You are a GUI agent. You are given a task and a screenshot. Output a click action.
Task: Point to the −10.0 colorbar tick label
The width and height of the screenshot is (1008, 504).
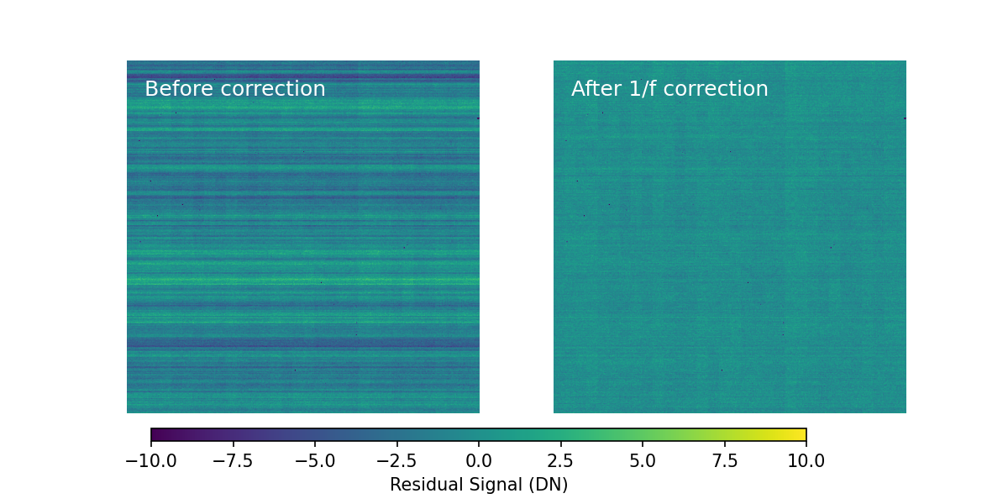tap(151, 461)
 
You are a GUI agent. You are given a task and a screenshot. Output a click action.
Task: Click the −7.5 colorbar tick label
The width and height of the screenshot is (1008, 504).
tap(233, 461)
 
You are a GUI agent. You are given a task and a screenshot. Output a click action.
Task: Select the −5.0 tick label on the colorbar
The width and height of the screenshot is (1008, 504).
tap(315, 461)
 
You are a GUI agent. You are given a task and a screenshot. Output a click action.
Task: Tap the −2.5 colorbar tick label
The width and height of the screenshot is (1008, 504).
tap(396, 461)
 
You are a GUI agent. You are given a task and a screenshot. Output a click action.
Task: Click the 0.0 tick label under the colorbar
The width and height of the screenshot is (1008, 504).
tap(479, 461)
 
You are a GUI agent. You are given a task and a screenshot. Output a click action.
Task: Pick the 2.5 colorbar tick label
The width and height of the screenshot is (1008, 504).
tap(560, 461)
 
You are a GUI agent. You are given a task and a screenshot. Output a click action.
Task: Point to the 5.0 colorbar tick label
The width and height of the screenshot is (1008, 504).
tap(643, 461)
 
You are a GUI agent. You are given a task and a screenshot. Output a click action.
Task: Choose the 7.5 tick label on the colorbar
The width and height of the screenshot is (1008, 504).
tap(724, 461)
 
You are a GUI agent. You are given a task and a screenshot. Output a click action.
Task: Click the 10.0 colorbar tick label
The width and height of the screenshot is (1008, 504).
tap(806, 461)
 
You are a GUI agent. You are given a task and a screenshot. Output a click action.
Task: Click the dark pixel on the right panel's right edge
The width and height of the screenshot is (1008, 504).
tap(905, 118)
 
